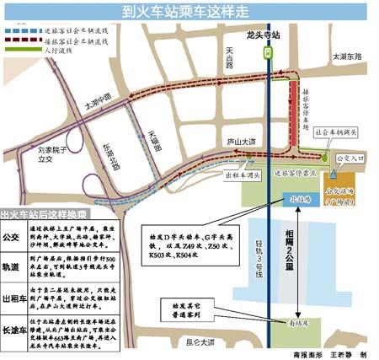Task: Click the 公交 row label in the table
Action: pos(14,238)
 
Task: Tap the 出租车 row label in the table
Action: pos(14,298)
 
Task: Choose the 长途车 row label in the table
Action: pos(14,328)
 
